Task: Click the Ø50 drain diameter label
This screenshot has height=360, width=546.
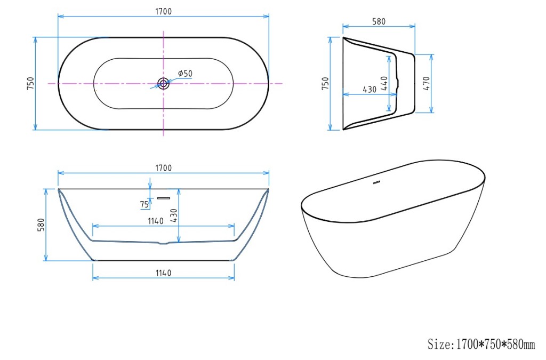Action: [185, 74]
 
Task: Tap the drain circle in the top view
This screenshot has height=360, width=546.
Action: [163, 83]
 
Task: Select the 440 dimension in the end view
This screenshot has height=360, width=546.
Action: [384, 83]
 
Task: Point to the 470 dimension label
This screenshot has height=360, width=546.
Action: [427, 84]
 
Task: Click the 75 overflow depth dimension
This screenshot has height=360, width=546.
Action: [144, 204]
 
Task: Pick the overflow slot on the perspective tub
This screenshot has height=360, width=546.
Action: [376, 182]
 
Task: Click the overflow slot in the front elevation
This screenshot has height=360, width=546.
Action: [163, 198]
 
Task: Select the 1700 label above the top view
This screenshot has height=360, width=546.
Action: [163, 12]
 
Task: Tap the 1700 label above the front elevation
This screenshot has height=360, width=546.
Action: [163, 168]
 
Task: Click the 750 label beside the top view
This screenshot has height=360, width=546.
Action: [30, 84]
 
